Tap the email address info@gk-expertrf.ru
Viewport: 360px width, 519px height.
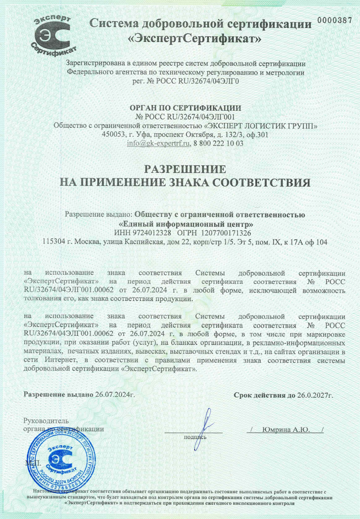click(158, 143)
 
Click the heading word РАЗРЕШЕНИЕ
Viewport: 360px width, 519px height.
click(186, 168)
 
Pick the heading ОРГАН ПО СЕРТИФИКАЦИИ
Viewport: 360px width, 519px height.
click(186, 108)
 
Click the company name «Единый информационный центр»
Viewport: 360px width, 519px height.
click(186, 224)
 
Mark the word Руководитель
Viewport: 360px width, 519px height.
click(46, 421)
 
